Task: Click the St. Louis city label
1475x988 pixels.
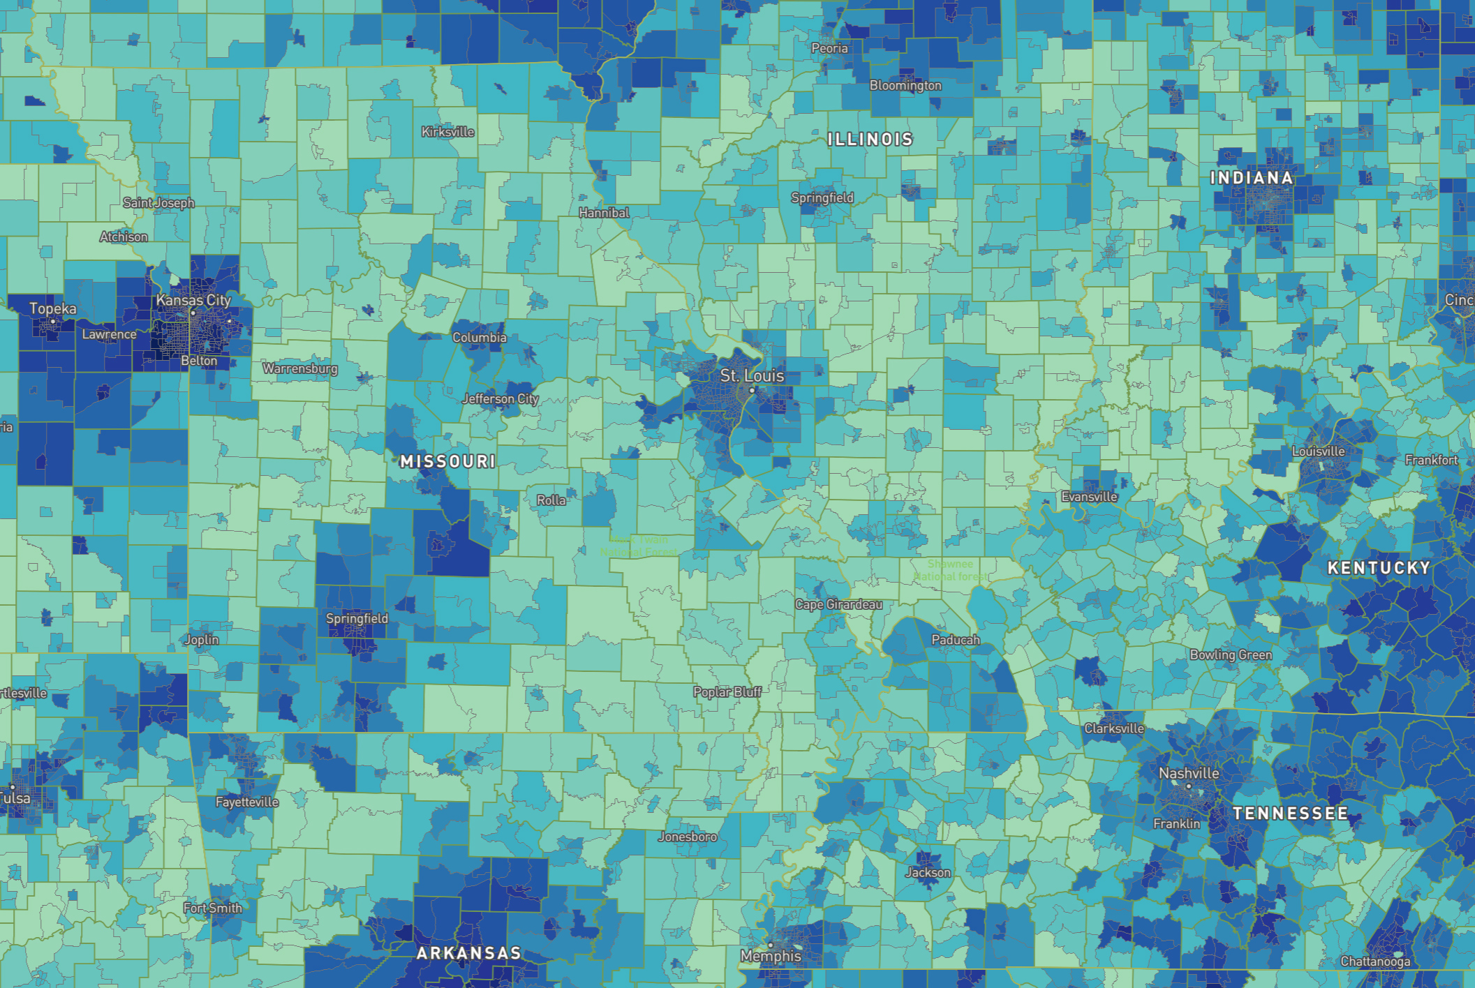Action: point(752,375)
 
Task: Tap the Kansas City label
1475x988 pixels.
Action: point(193,300)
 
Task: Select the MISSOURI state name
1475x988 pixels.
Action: point(448,461)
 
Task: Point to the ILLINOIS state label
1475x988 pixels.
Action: point(870,140)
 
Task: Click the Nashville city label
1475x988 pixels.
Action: point(1189,773)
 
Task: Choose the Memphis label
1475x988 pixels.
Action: point(771,956)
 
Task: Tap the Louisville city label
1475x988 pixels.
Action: point(1318,451)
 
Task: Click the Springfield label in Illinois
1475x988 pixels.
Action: point(822,197)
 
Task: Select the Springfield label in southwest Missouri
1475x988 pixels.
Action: point(357,618)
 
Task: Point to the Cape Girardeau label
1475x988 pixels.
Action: point(838,604)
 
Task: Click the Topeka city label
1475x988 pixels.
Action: point(53,308)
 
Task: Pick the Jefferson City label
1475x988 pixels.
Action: point(500,399)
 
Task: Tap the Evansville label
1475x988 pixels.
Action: point(1089,497)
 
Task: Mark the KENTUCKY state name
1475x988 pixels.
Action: point(1379,568)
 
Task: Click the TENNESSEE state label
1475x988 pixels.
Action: point(1290,814)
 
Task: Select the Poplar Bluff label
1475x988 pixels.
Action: point(727,691)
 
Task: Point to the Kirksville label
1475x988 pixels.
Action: point(447,132)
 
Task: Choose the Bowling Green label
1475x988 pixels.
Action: point(1231,654)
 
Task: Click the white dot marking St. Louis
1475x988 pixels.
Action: point(752,390)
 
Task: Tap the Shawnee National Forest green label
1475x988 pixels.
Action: point(950,570)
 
